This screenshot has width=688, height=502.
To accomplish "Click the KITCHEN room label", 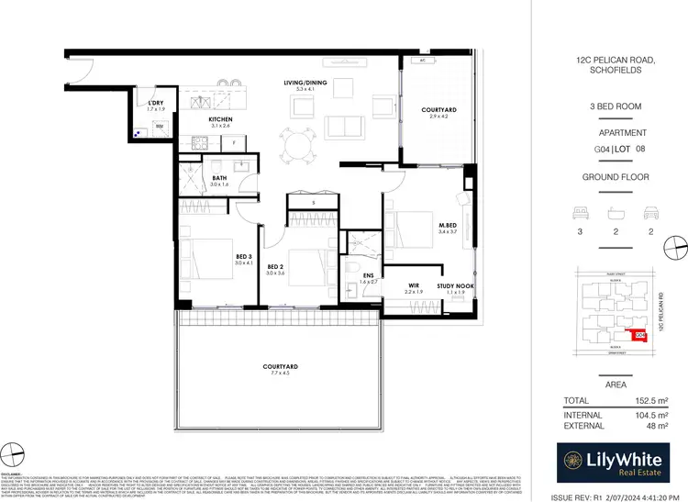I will [219, 119].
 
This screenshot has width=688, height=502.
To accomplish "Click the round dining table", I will [297, 144].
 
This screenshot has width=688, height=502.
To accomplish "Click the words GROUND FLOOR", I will [616, 176].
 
